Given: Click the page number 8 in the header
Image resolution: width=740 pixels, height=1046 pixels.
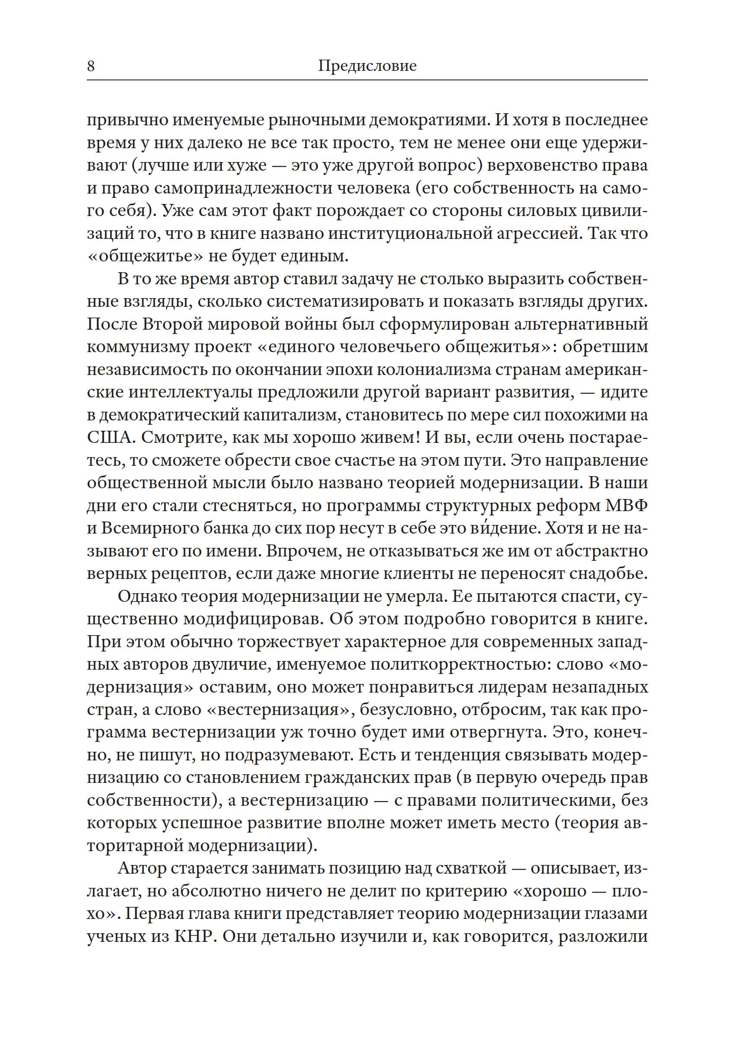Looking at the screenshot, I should pyautogui.click(x=91, y=66).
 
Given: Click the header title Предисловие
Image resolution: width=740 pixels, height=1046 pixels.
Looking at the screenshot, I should pyautogui.click(x=367, y=66).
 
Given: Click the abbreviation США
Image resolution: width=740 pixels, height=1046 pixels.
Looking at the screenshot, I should pyautogui.click(x=109, y=438).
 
